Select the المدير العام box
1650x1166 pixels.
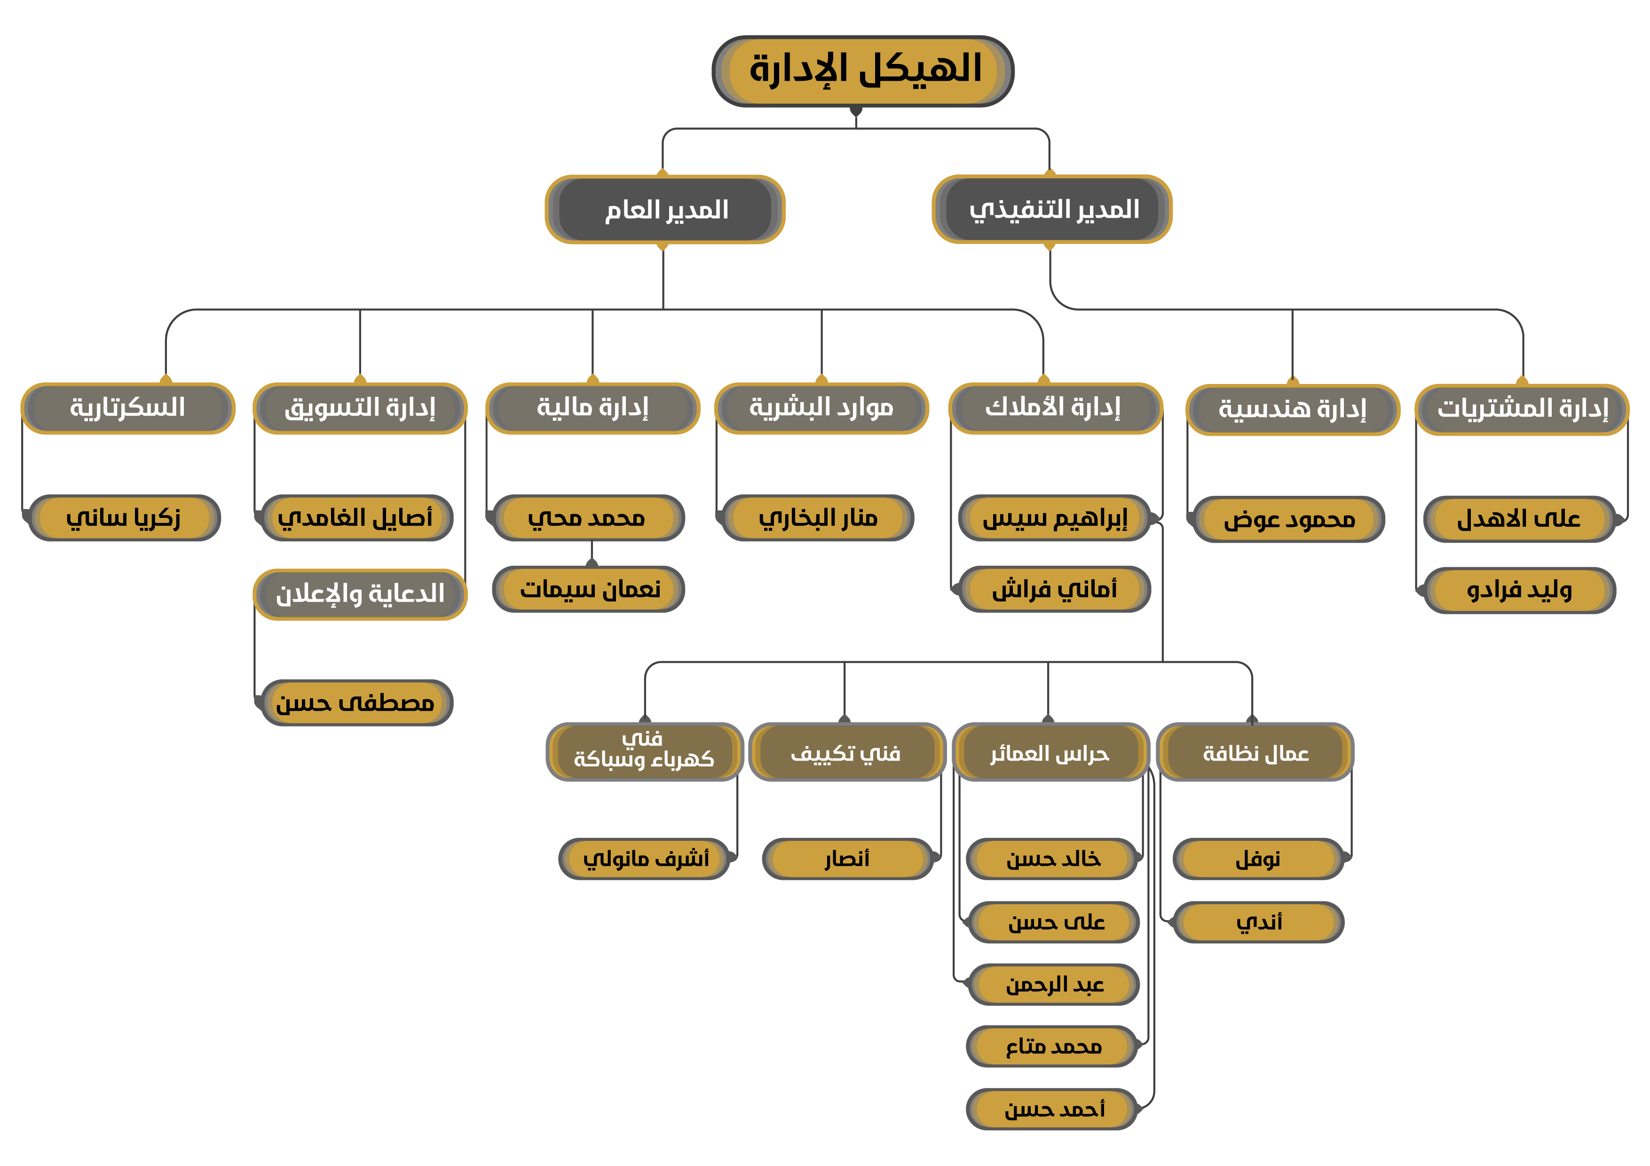(665, 209)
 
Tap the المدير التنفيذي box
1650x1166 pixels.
(1052, 209)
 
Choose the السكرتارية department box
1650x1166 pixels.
(128, 408)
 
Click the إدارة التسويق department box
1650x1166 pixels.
(360, 408)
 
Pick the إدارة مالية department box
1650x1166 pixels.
(593, 408)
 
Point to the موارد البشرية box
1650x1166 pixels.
(821, 408)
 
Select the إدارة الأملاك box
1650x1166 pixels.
(1056, 408)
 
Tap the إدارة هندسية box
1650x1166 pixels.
(1293, 409)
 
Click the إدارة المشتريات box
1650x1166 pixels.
(1522, 409)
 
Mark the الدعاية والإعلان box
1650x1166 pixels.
(360, 594)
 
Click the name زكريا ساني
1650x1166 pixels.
(124, 517)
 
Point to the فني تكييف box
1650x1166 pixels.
(846, 752)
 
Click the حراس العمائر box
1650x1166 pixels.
(1050, 752)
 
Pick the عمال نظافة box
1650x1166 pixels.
(1255, 752)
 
